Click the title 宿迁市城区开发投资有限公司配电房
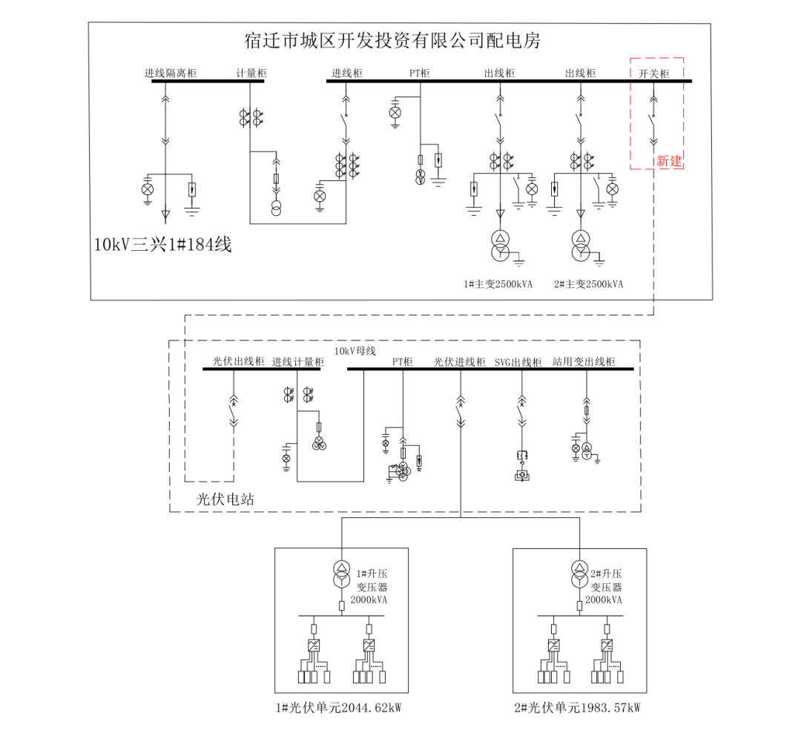tap(392, 40)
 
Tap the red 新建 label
tap(668, 161)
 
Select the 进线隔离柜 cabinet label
tap(171, 73)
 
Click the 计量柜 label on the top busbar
tap(251, 73)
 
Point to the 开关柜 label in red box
tap(653, 73)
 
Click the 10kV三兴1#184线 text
tap(162, 244)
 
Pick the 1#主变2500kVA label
tap(498, 284)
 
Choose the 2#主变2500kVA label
tap(589, 284)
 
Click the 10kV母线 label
tap(355, 351)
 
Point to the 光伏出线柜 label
tap(238, 361)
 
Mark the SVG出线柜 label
tap(518, 362)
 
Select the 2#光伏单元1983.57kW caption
tap(576, 708)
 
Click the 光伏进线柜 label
tap(460, 362)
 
